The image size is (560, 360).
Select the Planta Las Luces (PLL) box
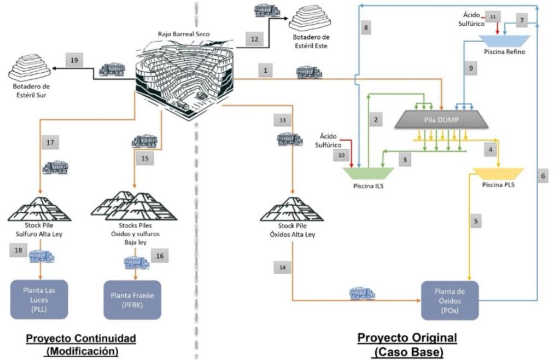click(39, 299)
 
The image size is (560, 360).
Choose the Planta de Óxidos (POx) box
click(450, 300)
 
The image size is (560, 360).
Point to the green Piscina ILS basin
click(365, 172)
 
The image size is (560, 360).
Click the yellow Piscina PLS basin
click(497, 173)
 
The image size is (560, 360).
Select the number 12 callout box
click(254, 39)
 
